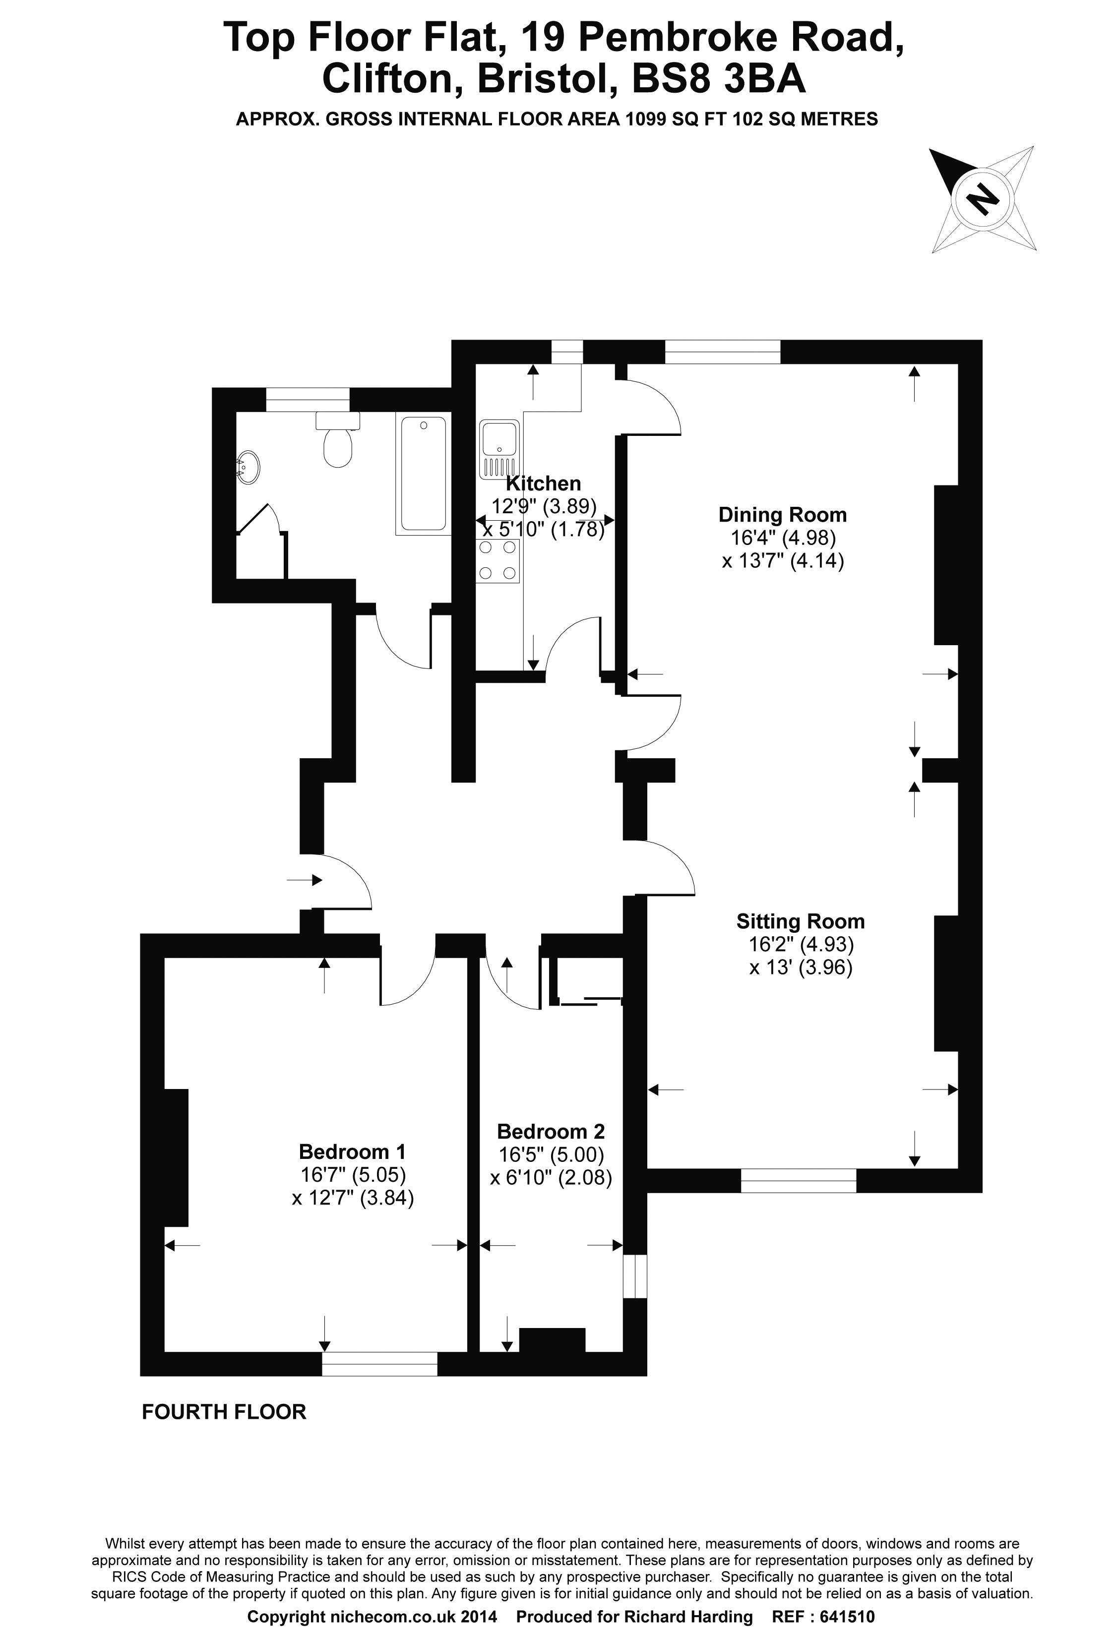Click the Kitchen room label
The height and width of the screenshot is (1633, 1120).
pyautogui.click(x=543, y=484)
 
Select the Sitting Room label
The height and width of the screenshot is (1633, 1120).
pyautogui.click(x=800, y=921)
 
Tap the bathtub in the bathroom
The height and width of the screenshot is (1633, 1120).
pyautogui.click(x=423, y=474)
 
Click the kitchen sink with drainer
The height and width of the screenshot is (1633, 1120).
pyautogui.click(x=499, y=449)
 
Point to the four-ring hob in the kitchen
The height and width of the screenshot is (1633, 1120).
pyautogui.click(x=498, y=561)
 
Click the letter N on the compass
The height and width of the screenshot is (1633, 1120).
pyautogui.click(x=983, y=199)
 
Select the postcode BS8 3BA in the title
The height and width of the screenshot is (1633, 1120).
pyautogui.click(x=719, y=79)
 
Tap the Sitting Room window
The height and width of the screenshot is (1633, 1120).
pyautogui.click(x=799, y=1180)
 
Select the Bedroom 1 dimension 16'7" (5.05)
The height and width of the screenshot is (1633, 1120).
pyautogui.click(x=353, y=1174)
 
